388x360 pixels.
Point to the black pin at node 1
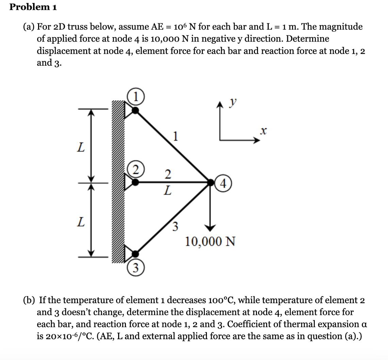click(135, 110)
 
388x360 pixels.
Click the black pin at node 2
click(135, 183)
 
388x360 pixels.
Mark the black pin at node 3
click(135, 253)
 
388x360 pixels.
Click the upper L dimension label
click(80, 147)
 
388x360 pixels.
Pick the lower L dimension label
click(80, 223)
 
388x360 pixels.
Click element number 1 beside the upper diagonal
click(175, 136)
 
